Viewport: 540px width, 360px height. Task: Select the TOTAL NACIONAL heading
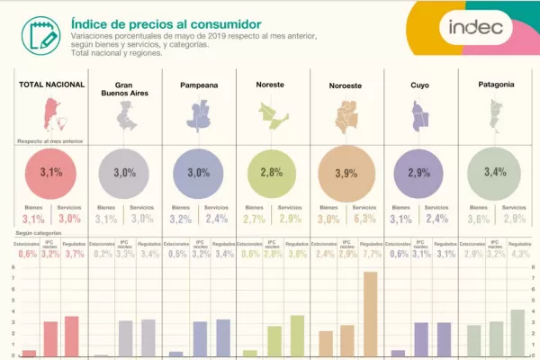(52, 85)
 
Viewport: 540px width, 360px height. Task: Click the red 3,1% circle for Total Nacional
(52, 171)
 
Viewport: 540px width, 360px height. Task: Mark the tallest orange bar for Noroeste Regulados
(369, 313)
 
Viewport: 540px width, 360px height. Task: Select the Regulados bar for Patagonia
(517, 333)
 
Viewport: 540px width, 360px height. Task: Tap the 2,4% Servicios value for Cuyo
(438, 219)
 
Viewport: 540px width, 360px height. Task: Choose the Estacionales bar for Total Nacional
(30, 353)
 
